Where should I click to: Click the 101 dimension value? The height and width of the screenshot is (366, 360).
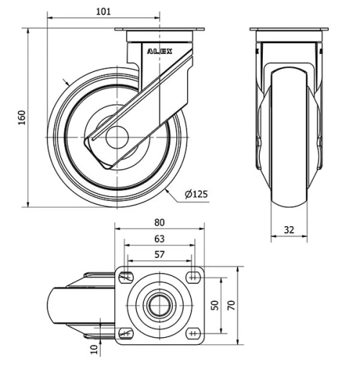tap(104, 12)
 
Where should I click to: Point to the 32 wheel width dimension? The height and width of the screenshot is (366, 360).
tap(289, 230)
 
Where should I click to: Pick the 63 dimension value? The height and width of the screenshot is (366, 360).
tap(159, 238)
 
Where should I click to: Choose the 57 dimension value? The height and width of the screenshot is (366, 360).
tap(159, 254)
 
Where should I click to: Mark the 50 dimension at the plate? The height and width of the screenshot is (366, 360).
tap(214, 304)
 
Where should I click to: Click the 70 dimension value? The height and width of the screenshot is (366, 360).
tap(230, 304)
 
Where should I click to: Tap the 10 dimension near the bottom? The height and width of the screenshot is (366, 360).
tap(94, 349)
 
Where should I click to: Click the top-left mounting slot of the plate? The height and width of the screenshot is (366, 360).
tap(127, 277)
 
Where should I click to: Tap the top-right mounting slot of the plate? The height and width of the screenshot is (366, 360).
tap(192, 277)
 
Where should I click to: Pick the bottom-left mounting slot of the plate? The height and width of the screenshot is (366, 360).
tap(127, 333)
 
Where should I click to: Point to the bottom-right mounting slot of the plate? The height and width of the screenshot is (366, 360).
tap(192, 333)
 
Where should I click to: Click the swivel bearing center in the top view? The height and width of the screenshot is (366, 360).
tap(159, 305)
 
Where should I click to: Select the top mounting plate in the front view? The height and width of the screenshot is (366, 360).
tap(289, 34)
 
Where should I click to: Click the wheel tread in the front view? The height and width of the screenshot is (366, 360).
tap(289, 137)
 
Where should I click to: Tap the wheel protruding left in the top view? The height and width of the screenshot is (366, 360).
tap(65, 305)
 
